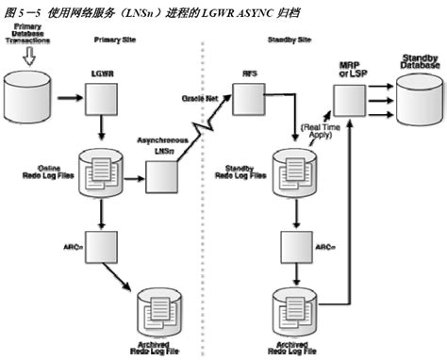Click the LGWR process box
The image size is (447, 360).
click(100, 95)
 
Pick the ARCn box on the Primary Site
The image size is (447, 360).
click(100, 248)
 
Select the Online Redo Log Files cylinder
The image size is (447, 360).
click(100, 172)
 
